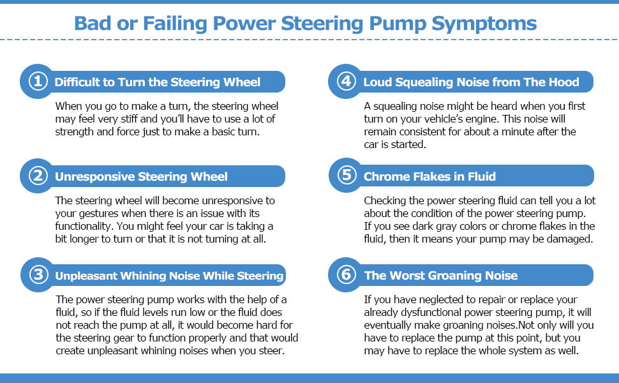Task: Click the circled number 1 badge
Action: click(38, 81)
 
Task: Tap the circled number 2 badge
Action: click(38, 176)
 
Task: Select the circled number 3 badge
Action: click(39, 274)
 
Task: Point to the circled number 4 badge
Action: click(347, 81)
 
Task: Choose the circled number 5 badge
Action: click(347, 176)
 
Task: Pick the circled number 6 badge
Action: click(347, 274)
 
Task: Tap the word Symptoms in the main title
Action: click(484, 24)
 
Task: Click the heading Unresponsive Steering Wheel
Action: click(141, 176)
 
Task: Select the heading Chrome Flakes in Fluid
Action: click(429, 176)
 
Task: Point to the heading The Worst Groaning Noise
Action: click(440, 276)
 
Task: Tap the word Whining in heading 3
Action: click(176, 276)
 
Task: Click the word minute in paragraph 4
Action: click(519, 132)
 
